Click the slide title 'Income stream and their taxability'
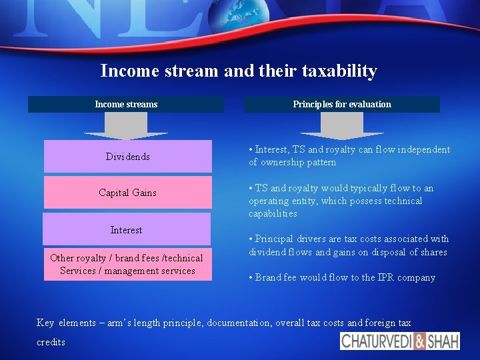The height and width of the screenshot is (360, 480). click(x=239, y=71)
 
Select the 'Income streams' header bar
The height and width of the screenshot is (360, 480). click(x=126, y=104)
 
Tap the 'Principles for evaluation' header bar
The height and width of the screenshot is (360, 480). click(x=341, y=104)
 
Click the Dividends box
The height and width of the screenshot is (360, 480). click(x=127, y=157)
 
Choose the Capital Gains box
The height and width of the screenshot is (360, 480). click(x=127, y=193)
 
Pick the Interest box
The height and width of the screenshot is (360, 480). click(x=126, y=229)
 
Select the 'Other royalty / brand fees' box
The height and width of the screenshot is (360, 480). click(x=127, y=264)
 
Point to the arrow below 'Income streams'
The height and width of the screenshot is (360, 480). click(x=126, y=125)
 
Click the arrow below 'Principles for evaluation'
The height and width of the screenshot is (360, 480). click(x=341, y=125)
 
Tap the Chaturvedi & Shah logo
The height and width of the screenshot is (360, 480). click(x=400, y=341)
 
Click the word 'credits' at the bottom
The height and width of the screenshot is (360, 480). click(x=51, y=342)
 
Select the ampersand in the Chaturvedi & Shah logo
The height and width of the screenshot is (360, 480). click(x=420, y=341)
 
